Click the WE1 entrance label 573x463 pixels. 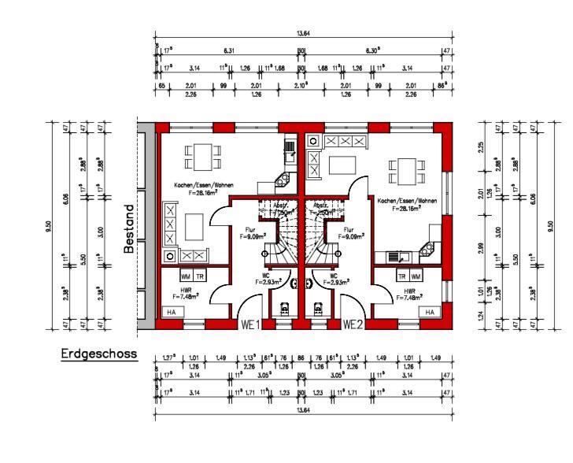(250, 324)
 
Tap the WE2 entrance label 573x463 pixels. (353, 324)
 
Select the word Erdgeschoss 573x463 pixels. (98, 354)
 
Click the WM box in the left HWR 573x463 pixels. (185, 276)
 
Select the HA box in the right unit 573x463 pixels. (429, 312)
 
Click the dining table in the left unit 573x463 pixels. (198, 156)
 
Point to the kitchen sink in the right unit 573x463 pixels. (397, 256)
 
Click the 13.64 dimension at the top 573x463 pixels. (303, 34)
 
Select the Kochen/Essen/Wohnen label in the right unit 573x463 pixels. (404, 202)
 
